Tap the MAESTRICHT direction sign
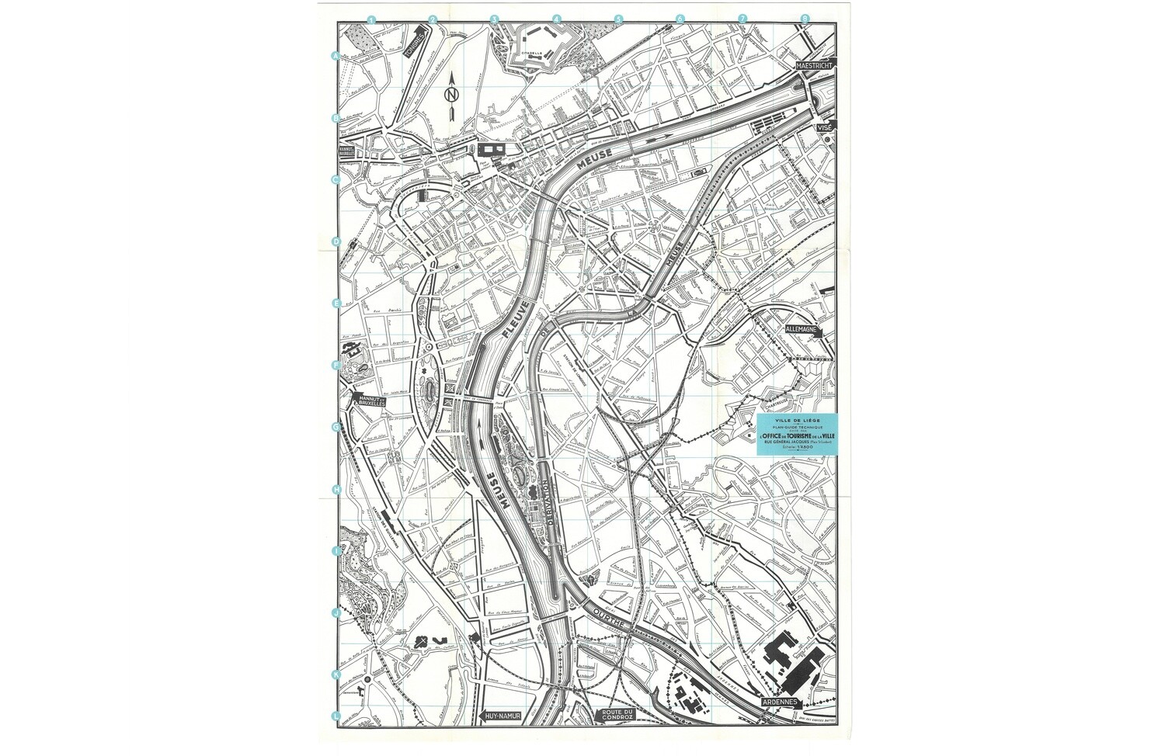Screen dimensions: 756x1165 point(815,66)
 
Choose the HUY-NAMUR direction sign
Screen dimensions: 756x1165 point(501,716)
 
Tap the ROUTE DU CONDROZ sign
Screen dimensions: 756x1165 point(618,716)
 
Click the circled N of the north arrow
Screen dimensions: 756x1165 point(450,95)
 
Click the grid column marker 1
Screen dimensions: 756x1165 point(372,19)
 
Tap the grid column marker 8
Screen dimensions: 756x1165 point(805,19)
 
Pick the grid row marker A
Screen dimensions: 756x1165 point(336,56)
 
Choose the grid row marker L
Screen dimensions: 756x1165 point(336,716)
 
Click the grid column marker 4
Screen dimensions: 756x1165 point(556,19)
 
